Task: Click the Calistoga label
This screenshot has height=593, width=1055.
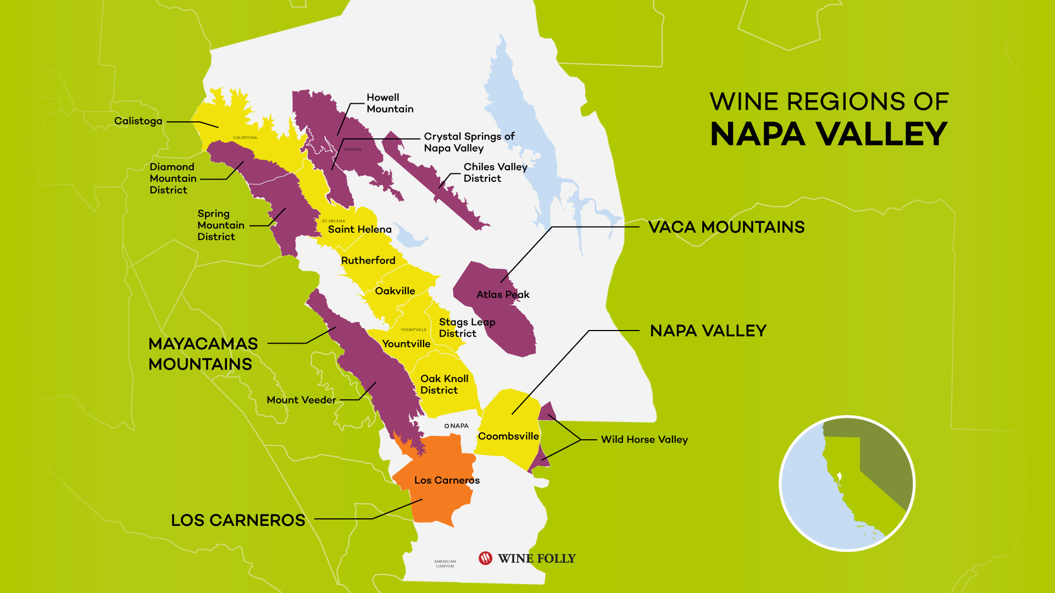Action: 138,121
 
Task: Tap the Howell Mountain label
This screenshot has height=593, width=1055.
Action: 390,103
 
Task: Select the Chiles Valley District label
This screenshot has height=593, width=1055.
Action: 495,172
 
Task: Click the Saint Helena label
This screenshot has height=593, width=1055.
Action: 359,230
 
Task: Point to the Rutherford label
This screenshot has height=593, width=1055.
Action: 368,261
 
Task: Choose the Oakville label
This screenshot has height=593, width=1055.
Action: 395,291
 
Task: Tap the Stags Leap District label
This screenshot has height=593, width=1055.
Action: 466,328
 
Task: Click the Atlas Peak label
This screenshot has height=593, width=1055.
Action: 502,295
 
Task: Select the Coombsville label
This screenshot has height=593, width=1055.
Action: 508,437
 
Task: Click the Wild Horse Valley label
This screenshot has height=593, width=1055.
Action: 644,440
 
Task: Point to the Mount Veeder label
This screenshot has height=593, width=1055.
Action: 301,400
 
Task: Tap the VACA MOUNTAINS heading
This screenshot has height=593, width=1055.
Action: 726,227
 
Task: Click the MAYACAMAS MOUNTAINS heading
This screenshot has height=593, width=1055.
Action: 203,354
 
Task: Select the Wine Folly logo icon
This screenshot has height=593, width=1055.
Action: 485,558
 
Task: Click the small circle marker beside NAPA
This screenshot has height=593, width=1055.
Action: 447,426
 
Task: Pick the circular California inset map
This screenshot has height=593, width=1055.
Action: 847,484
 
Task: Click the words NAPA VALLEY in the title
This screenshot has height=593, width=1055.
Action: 828,135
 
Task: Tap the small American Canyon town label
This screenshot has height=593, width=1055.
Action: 445,564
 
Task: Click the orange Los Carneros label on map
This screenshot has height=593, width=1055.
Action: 447,480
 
